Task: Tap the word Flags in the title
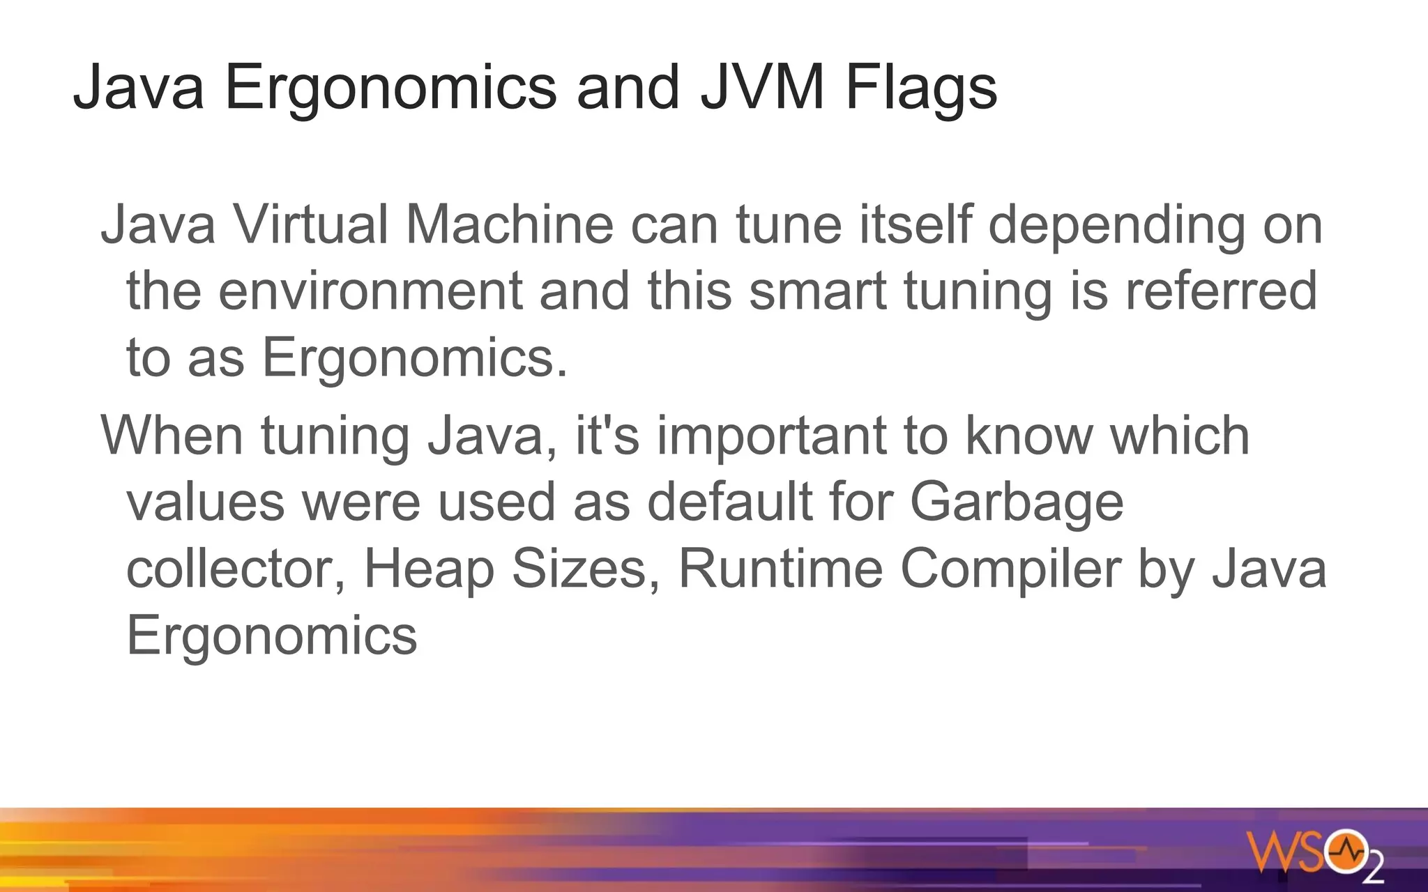pos(921,89)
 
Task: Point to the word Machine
pos(510,224)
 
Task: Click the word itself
pos(915,224)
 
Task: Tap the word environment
pos(370,291)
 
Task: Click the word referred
pos(1221,291)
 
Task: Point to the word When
pos(172,436)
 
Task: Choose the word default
pos(730,502)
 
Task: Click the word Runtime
pos(780,569)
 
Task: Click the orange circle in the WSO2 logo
pos(1346,851)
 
